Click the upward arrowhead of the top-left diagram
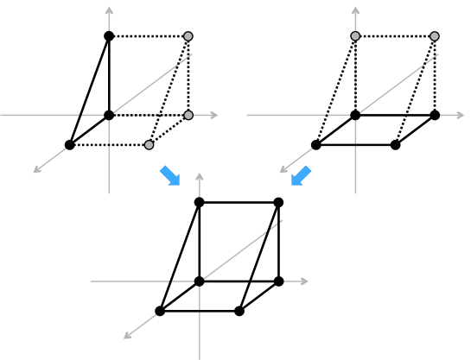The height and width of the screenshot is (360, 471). [x=109, y=11]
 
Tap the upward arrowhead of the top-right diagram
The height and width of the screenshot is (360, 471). [x=355, y=11]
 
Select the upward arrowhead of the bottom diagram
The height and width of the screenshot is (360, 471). [x=200, y=177]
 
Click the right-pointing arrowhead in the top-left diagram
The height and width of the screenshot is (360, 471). [x=213, y=115]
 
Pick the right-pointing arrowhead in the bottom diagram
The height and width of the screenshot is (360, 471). [x=303, y=281]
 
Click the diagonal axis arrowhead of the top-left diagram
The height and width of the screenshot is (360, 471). [x=37, y=170]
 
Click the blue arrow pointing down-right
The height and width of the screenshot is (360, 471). [x=170, y=175]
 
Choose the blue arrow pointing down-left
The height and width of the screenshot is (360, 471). [x=300, y=176]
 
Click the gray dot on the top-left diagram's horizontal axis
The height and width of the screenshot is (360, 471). [x=188, y=115]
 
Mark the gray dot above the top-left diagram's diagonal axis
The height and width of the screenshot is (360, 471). [x=188, y=36]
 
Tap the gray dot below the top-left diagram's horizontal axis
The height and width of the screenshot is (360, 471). [x=149, y=145]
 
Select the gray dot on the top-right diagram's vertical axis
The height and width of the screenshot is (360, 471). [x=355, y=36]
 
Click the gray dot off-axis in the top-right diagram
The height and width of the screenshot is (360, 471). [x=435, y=36]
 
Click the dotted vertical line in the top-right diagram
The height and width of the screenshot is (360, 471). [x=355, y=76]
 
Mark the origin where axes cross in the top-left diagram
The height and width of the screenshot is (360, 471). [x=109, y=115]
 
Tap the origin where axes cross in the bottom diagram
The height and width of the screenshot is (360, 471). [x=200, y=281]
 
